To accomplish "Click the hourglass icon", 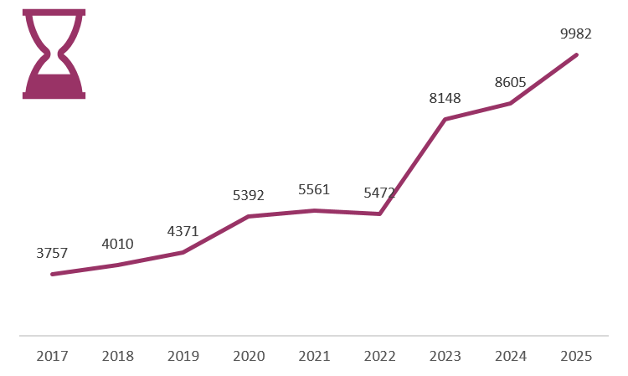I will click(x=54, y=54).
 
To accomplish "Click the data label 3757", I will click(x=52, y=253).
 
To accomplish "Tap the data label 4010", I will click(x=117, y=244).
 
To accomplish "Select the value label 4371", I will click(x=183, y=231).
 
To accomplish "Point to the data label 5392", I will click(x=248, y=195).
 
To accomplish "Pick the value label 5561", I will click(x=314, y=189).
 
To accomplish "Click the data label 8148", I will click(x=445, y=98).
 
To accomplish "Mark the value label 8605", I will click(x=510, y=82).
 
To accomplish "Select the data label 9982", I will click(x=576, y=33).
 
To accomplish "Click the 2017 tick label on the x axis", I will click(x=52, y=356).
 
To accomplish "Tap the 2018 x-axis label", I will click(x=117, y=356).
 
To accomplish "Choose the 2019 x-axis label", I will click(x=183, y=356).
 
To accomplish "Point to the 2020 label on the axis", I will click(x=249, y=356).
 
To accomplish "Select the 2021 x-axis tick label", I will click(x=314, y=356).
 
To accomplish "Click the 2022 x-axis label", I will click(x=379, y=356).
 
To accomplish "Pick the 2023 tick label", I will click(x=445, y=356).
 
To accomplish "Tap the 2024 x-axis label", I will click(x=510, y=356).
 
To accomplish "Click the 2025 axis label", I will click(x=576, y=356).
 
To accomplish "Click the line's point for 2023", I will click(x=445, y=119).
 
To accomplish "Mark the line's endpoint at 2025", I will click(x=576, y=55).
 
